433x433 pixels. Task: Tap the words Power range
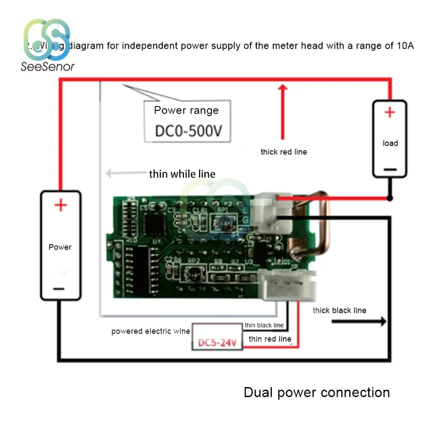[x=186, y=110]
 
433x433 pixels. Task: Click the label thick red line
[x=283, y=152]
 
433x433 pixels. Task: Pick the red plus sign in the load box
[x=390, y=113]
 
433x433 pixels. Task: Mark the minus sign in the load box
[x=390, y=170]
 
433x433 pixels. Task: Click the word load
[x=390, y=143]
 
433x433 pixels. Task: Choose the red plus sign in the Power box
[x=61, y=204]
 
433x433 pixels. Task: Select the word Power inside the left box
[x=60, y=247]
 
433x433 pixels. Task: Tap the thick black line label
[x=339, y=310]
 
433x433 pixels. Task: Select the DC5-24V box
[x=217, y=342]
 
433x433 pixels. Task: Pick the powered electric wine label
[x=151, y=331]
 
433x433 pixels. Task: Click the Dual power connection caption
[x=317, y=392]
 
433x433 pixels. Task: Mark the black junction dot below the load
[x=390, y=198]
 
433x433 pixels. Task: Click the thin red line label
[x=270, y=338]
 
